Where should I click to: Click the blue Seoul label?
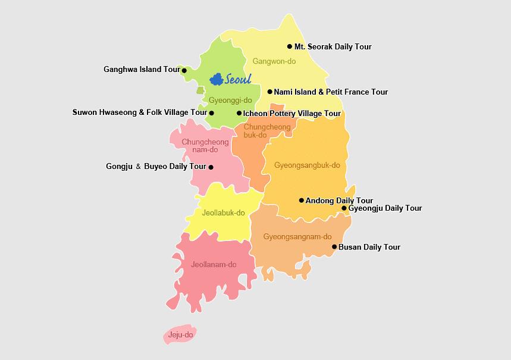[x=238, y=79]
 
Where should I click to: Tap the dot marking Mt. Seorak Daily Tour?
[x=290, y=46]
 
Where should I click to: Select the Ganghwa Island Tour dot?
[x=184, y=70]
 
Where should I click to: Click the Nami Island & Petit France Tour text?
[x=331, y=92]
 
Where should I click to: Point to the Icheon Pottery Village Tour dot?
[x=239, y=113]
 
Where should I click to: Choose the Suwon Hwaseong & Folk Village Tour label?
[x=139, y=112]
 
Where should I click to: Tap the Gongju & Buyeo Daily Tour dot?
[x=211, y=167]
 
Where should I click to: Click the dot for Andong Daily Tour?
[x=302, y=201]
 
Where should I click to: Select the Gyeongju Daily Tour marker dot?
[x=344, y=208]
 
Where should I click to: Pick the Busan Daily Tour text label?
[x=369, y=247]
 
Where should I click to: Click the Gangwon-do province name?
[x=274, y=61]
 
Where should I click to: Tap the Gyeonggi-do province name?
[x=230, y=100]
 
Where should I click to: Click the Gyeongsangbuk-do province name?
[x=307, y=165]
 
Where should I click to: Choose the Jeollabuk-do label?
[x=224, y=212]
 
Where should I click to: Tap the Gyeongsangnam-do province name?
[x=297, y=237]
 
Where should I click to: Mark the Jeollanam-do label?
[x=214, y=265]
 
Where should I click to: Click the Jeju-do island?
[x=180, y=335]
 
